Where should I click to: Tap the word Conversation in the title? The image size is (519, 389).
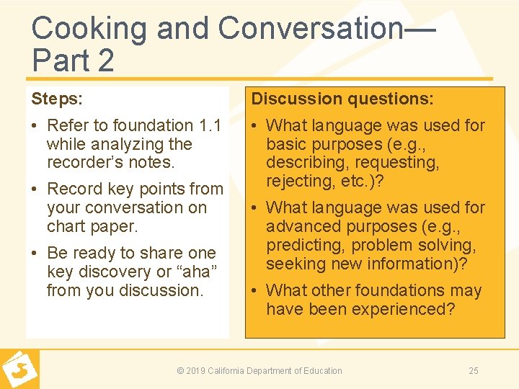pos(310,29)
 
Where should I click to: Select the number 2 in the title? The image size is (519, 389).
pos(105,61)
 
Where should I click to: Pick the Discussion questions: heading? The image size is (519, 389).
pos(342,99)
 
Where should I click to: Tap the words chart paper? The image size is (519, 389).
pos(92,226)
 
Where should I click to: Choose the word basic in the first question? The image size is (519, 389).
pos(288,144)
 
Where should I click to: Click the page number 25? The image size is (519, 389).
pos(474,371)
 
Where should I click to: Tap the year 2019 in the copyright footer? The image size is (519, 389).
pos(196,371)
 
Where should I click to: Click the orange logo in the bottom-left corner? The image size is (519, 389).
pos(19,370)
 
